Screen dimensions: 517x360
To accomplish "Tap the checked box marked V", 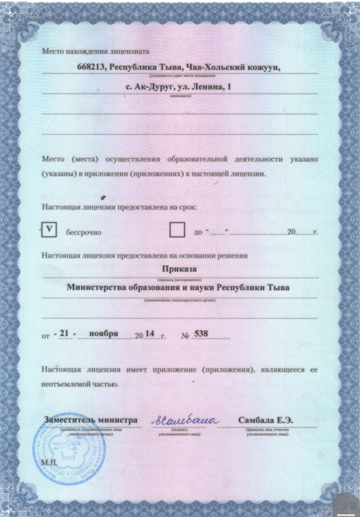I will (x=49, y=230).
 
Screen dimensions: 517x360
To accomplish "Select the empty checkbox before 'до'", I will (x=177, y=230).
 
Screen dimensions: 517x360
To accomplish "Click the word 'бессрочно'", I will (x=84, y=233).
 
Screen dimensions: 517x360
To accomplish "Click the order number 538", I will (x=201, y=334).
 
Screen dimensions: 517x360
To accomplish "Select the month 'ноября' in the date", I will (x=104, y=334).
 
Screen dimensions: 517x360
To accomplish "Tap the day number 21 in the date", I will (x=64, y=334).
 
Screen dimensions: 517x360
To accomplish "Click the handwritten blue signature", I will (x=185, y=420).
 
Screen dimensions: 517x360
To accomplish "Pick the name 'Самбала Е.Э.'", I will (x=266, y=420).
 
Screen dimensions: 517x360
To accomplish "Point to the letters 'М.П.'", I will (x=49, y=462).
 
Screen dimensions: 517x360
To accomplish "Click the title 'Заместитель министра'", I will (x=91, y=420).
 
